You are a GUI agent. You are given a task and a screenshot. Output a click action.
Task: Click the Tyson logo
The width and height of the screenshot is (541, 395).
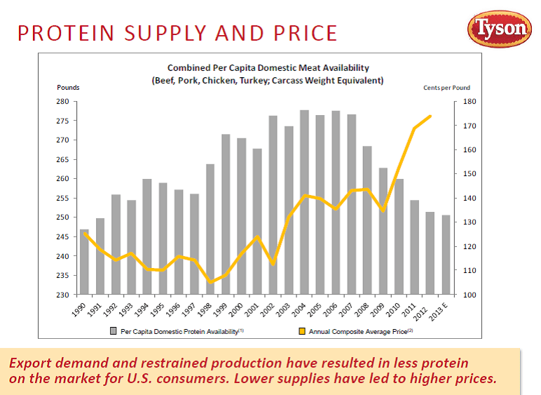(x=500, y=29)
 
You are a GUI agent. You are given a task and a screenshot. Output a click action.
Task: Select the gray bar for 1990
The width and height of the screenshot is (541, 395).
(x=85, y=262)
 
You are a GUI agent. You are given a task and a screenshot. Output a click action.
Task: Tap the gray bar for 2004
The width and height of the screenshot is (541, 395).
(x=304, y=202)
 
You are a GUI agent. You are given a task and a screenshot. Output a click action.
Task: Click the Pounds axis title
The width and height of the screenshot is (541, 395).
(x=68, y=88)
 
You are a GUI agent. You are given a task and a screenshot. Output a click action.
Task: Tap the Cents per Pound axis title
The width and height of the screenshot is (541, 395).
(x=446, y=88)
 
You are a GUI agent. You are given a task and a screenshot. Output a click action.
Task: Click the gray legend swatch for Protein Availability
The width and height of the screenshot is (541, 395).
(x=113, y=330)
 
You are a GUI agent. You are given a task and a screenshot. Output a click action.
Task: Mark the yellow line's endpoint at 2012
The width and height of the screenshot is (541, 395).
(x=430, y=116)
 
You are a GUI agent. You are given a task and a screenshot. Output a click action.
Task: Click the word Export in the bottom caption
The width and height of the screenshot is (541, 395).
(x=32, y=363)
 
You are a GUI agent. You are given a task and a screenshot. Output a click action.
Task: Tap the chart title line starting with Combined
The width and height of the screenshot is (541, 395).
(x=268, y=68)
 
